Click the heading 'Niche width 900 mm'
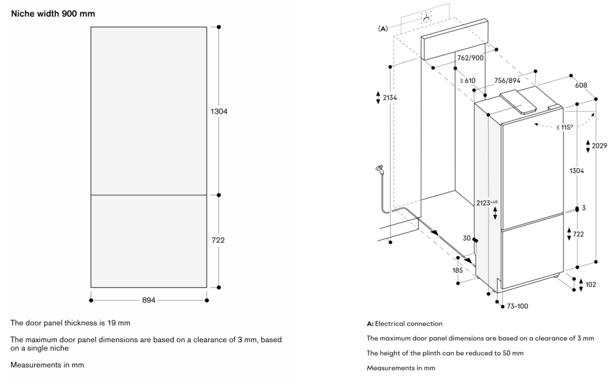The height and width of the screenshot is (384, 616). [53, 13]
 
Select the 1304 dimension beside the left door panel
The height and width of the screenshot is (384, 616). [219, 111]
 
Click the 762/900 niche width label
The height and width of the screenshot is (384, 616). [470, 58]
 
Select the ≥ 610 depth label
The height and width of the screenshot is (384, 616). [468, 81]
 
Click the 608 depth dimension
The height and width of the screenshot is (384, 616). [581, 86]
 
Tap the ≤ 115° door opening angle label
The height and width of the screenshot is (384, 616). [563, 127]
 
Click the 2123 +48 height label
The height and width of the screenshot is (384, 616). [486, 203]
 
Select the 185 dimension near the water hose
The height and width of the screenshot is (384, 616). [458, 270]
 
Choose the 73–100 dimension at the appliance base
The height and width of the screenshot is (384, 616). [517, 306]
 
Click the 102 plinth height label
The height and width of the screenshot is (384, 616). [591, 284]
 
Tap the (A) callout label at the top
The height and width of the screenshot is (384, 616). [383, 28]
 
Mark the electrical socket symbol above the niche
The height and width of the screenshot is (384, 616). [426, 19]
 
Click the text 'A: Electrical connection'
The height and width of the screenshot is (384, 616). [405, 324]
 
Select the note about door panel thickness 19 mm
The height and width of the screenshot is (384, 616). [71, 323]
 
